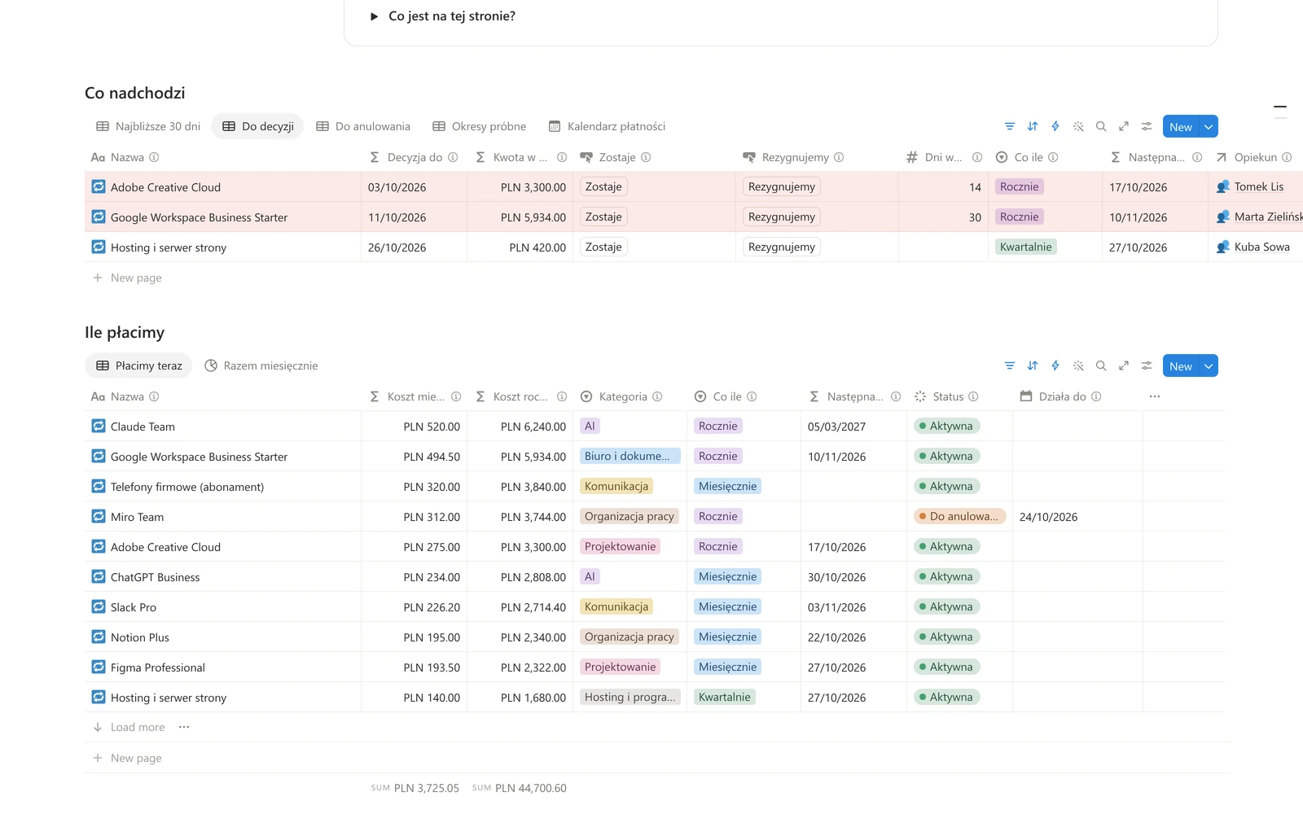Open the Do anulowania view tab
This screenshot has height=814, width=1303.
pos(363,126)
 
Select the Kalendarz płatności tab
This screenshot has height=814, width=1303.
pos(607,126)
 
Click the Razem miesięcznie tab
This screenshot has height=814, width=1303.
pos(261,365)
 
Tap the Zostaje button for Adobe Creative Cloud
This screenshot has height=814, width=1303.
pos(603,186)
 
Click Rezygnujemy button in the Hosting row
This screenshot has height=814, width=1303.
pos(781,247)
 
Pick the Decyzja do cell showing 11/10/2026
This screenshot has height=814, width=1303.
pos(397,217)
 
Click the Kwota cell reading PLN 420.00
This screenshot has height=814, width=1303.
pos(537,247)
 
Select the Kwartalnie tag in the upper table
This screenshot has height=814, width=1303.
pos(1025,247)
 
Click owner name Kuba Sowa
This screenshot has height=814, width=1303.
pos(1261,247)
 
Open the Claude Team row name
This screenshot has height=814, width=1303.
pos(143,427)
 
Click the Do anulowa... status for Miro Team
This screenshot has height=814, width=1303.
pos(959,516)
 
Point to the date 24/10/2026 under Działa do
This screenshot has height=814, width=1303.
pos(1048,517)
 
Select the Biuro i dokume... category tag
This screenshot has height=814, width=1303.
pos(630,457)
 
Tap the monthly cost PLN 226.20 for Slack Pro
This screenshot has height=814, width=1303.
pos(432,607)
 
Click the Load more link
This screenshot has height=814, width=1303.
pos(138,728)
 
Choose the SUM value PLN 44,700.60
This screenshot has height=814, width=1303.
pos(530,789)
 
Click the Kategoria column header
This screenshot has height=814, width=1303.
pos(623,396)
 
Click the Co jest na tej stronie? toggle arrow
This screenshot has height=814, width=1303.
pos(374,16)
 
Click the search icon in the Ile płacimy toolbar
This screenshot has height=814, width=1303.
pos(1100,365)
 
